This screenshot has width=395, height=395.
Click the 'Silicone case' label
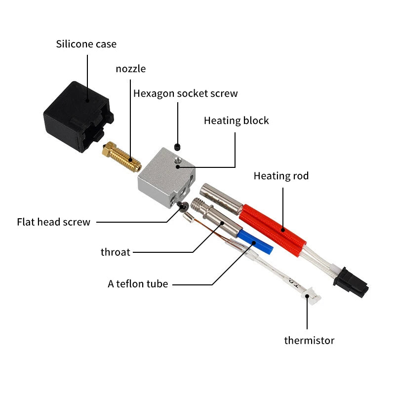point(86,44)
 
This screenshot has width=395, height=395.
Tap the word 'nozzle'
point(131,69)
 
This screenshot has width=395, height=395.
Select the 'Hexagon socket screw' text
point(186,93)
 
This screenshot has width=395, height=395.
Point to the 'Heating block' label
point(236,120)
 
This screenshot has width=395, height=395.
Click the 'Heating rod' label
point(281,176)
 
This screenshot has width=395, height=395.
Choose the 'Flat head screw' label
point(54,222)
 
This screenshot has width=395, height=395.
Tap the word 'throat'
point(116,252)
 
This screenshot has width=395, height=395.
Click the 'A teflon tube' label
point(138,284)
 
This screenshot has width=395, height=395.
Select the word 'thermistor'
point(309,340)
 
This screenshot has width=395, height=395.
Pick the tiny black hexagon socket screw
point(178,147)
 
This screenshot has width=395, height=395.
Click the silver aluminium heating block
point(165,178)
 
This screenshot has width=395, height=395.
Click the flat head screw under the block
point(183,206)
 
